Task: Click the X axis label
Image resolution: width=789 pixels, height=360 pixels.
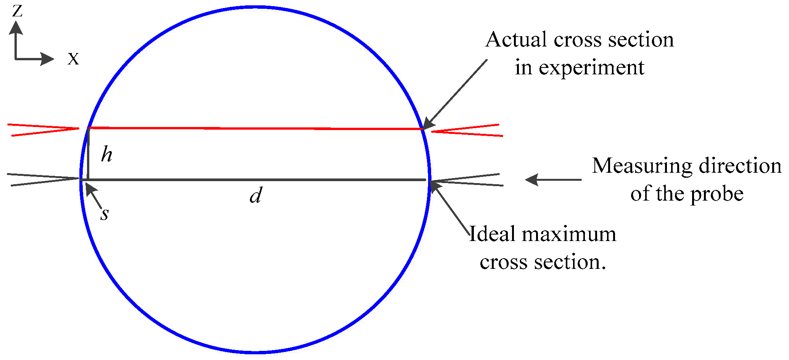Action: pos(73,59)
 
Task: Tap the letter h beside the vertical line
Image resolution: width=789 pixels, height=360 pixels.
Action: pos(107,155)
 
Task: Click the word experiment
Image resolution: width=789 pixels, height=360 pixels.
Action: pos(591,68)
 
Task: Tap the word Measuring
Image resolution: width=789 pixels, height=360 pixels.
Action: pos(642,166)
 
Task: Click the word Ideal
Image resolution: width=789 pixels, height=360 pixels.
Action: pos(492,234)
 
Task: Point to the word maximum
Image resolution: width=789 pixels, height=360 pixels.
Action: pos(569,234)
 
